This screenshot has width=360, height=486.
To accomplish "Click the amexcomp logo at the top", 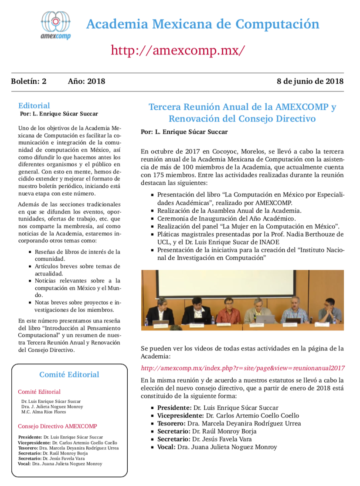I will [x=55, y=25].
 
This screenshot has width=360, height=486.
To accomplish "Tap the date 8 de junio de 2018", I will [x=310, y=81].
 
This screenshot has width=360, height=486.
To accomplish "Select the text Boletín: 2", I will [x=29, y=81].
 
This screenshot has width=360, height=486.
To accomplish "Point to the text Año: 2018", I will [x=86, y=81].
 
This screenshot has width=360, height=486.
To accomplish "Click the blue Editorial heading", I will [x=34, y=105].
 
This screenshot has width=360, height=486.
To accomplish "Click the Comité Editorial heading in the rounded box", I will [x=69, y=374].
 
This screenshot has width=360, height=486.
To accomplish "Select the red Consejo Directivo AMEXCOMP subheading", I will [x=57, y=426].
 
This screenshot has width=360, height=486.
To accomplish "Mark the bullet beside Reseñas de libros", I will [x=30, y=252].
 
